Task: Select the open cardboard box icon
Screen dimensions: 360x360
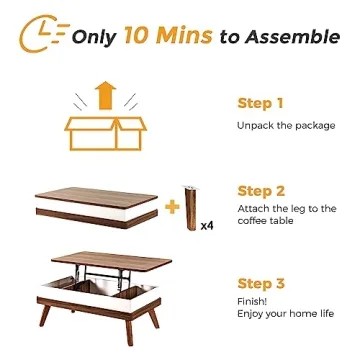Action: coord(104,133)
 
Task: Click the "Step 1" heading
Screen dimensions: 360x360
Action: coord(260,103)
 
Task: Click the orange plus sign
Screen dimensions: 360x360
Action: coord(172,207)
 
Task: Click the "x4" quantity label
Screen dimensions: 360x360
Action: coord(207,225)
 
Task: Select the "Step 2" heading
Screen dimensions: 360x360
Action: coord(260,189)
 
